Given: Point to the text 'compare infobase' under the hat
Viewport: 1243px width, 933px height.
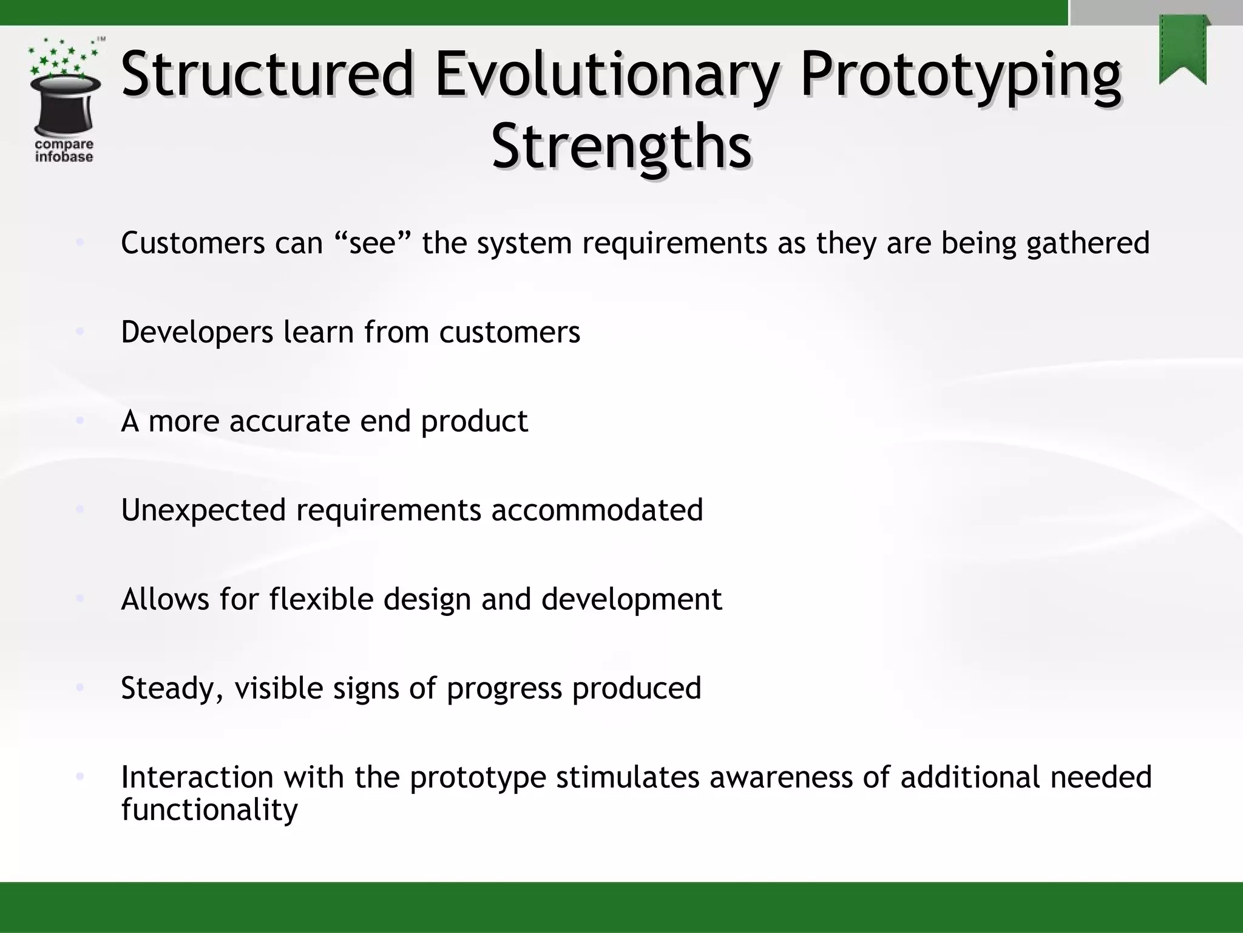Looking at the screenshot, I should tap(64, 151).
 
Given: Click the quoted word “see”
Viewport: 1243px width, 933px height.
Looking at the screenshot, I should tap(373, 243).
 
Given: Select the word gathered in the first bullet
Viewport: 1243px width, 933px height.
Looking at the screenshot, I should tap(1088, 243).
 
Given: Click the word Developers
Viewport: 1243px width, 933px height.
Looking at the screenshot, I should tap(197, 332).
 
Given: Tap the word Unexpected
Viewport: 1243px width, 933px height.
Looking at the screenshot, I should tap(203, 510).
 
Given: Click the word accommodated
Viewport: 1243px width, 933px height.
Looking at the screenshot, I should tap(597, 510).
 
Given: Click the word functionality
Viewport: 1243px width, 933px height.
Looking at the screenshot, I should tap(209, 810).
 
